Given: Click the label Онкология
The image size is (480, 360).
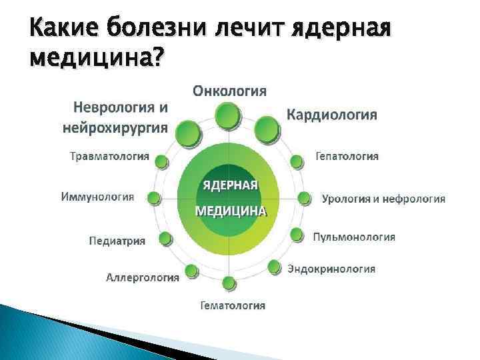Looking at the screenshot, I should (230, 90).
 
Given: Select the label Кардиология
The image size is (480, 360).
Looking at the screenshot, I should (331, 115).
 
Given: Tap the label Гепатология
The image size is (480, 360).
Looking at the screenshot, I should (347, 156).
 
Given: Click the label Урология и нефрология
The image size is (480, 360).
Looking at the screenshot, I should (383, 198).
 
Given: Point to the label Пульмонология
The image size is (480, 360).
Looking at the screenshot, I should (354, 237).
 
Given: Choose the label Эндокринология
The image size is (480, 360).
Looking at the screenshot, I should (331, 269).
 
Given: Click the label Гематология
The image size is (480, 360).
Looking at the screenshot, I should (233, 306).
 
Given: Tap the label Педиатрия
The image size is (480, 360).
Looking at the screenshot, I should (117, 241).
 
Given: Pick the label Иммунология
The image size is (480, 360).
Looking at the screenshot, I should (97, 197).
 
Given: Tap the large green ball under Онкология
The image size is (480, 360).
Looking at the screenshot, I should (229, 117).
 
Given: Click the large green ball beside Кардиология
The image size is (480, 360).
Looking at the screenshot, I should (267, 129).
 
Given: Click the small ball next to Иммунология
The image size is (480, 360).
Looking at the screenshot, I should (154, 197).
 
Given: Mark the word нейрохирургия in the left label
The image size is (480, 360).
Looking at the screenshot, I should (114, 128).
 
